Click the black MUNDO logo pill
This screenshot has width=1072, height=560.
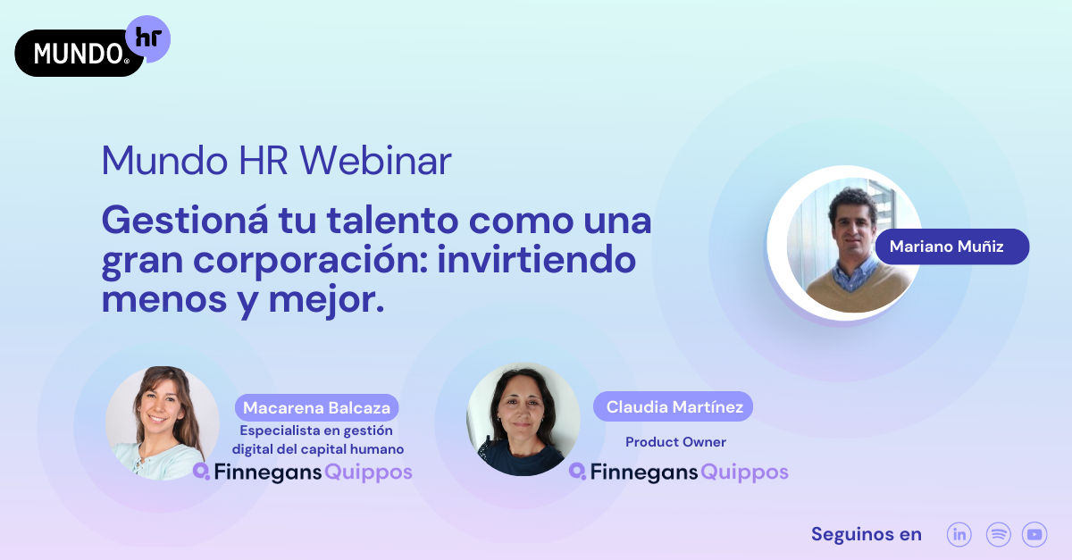click(x=76, y=54)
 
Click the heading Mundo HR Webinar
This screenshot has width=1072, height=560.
click(x=276, y=161)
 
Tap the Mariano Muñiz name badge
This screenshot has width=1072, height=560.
click(x=951, y=247)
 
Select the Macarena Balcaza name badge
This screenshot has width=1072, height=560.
click(x=317, y=408)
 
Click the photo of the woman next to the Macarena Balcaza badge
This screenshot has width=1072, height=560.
click(x=163, y=422)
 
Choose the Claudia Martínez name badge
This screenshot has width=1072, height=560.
click(x=674, y=407)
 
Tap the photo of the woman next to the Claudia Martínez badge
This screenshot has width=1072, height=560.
click(x=523, y=419)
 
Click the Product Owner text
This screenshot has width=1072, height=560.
click(x=675, y=442)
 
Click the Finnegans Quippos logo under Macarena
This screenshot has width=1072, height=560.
click(x=303, y=472)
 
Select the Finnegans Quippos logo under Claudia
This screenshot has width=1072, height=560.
click(x=679, y=472)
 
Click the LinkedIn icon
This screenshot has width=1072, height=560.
click(x=959, y=534)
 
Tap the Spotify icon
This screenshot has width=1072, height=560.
click(x=998, y=534)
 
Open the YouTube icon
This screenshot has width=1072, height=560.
click(x=1034, y=534)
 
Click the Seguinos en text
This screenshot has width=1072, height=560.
click(x=866, y=534)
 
